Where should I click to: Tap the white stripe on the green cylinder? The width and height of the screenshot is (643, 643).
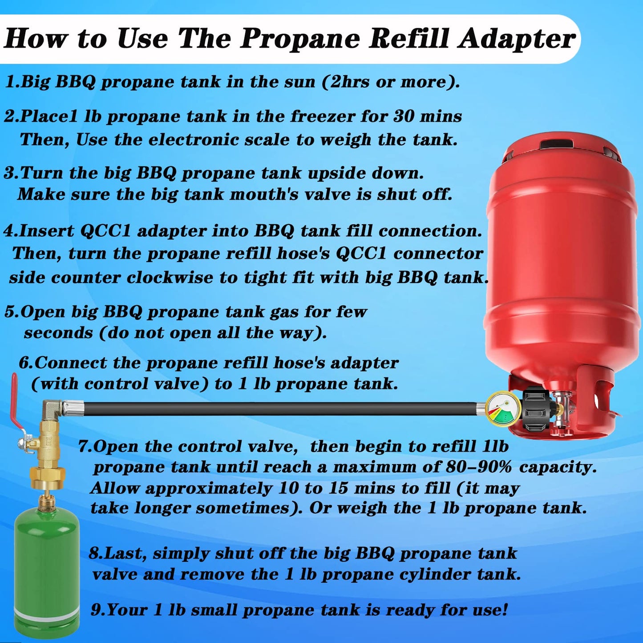click(x=46, y=615)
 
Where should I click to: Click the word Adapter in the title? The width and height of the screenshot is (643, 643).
click(x=517, y=39)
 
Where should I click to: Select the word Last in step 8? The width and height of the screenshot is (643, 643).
click(x=125, y=554)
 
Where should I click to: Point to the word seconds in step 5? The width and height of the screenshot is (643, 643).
click(x=58, y=333)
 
